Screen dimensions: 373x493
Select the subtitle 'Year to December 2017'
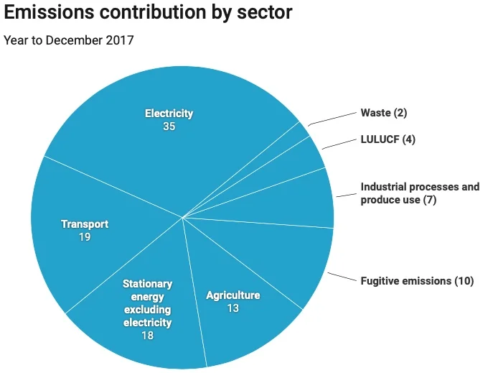coord(69,40)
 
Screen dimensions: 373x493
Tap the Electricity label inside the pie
coord(169,114)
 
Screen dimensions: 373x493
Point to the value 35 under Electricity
coord(169,126)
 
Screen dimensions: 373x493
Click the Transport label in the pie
coord(85,224)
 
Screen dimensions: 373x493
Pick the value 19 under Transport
coord(85,236)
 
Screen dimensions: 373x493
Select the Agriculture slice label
coord(233,295)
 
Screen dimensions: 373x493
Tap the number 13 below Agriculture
coord(233,308)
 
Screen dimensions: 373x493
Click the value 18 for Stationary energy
coord(147,336)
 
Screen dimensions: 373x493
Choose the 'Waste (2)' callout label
coord(384,113)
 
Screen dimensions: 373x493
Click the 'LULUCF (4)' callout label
coord(388,139)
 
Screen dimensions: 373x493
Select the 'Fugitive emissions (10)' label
coord(417,280)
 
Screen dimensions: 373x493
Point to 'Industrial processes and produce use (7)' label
coord(420,193)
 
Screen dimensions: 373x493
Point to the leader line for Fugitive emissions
coord(341,277)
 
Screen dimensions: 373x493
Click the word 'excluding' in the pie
coord(147,310)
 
